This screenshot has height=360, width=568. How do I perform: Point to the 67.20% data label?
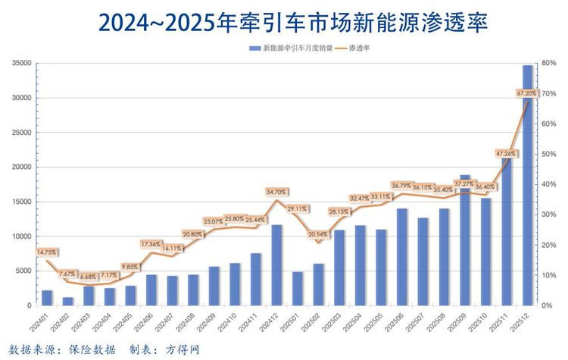526,93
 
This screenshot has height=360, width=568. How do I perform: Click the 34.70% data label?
276,193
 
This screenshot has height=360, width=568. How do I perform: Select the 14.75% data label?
46,252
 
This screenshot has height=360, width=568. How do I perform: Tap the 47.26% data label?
507,154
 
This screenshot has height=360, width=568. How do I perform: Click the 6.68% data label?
89,276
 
